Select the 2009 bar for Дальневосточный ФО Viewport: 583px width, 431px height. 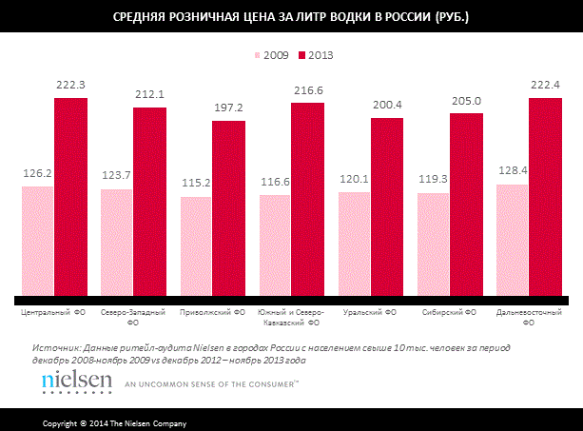tap(513, 240)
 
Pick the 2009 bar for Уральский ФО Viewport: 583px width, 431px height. tap(355, 244)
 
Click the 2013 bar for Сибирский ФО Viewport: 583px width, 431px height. tap(466, 204)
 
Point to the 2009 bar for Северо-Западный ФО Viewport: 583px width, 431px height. tap(117, 242)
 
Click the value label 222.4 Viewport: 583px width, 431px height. tap(545, 86)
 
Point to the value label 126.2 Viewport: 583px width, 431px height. tap(38, 174)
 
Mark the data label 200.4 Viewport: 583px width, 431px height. tap(387, 106)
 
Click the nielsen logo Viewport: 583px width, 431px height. tap(72, 382)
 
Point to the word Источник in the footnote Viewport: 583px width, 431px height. tap(54, 348)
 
